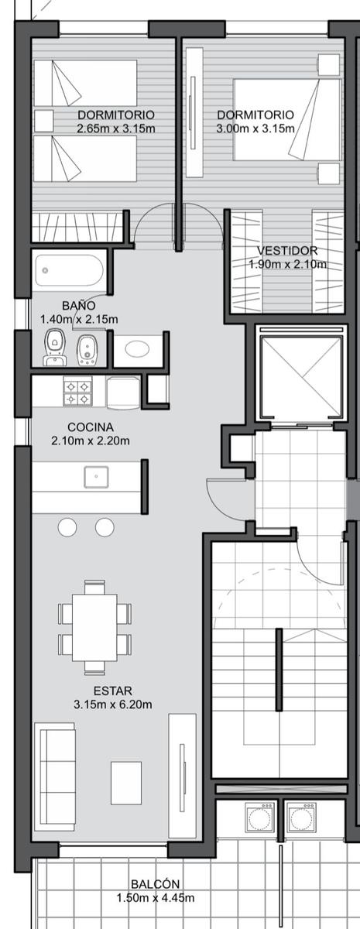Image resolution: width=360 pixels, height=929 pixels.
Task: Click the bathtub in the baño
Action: (x=69, y=270)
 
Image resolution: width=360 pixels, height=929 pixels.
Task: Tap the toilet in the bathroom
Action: (x=54, y=348)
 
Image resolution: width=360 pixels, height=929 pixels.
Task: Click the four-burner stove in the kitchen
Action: (x=78, y=391)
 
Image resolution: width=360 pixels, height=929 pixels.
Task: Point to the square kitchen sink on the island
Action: (x=96, y=477)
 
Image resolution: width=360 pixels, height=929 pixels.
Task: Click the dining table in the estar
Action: (x=94, y=628)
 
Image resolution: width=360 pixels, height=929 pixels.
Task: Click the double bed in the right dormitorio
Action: (x=288, y=119)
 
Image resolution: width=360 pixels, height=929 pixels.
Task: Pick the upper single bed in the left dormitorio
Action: (x=85, y=83)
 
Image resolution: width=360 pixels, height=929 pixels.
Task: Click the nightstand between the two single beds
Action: (x=43, y=121)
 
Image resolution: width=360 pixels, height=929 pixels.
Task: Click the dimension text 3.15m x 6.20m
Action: (x=113, y=704)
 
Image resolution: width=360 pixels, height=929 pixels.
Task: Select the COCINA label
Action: (x=91, y=427)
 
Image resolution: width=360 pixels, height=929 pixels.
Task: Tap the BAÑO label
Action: (x=79, y=306)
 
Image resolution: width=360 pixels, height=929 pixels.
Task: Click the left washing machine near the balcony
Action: (x=259, y=817)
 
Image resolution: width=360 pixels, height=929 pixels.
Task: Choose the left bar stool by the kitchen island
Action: (x=67, y=527)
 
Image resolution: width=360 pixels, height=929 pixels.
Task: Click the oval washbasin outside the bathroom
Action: (x=137, y=349)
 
